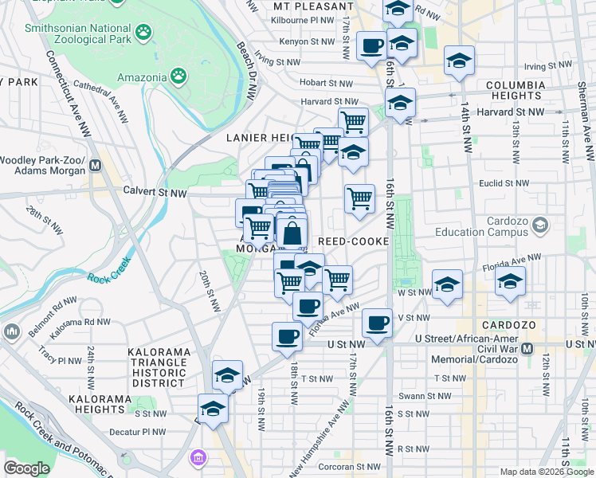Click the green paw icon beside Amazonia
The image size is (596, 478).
point(179,77)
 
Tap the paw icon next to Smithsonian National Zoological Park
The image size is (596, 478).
point(143,33)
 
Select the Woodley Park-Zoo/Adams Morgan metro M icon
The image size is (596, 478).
point(96,166)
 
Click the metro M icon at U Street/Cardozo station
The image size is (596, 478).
point(527,348)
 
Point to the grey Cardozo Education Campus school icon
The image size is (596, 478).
point(540,225)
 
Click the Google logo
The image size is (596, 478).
point(26,468)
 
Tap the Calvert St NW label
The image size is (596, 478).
point(155,192)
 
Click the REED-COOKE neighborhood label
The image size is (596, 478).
point(353,241)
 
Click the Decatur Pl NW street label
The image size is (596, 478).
point(140,433)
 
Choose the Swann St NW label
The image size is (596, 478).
point(425,396)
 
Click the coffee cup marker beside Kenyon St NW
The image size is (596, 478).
point(371,45)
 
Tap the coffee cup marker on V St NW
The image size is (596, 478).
point(377,323)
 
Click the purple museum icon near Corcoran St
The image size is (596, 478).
point(198,459)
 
